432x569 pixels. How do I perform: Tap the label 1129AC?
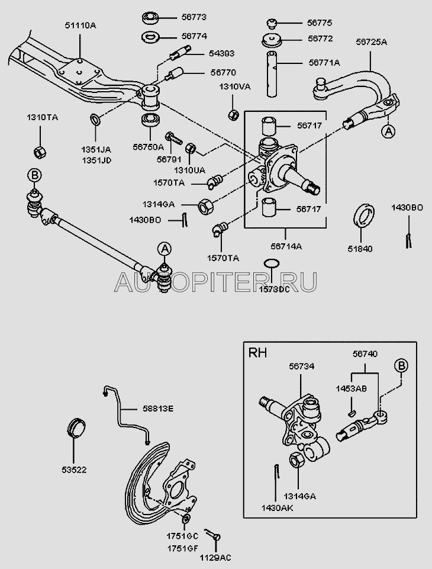(x=215, y=557)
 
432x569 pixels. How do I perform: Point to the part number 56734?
(x=301, y=367)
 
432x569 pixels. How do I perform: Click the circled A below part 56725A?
(x=387, y=131)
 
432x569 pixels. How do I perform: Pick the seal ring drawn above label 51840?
(x=362, y=216)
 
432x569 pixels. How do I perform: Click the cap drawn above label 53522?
(x=77, y=427)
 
